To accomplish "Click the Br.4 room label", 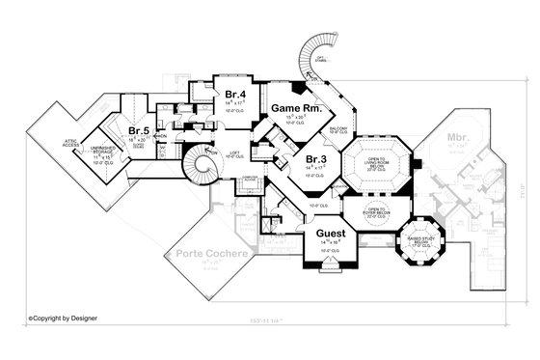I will (x=233, y=94).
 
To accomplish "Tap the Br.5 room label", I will (x=137, y=130).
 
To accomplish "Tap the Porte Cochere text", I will (x=210, y=255).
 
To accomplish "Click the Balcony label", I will (x=338, y=128).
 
